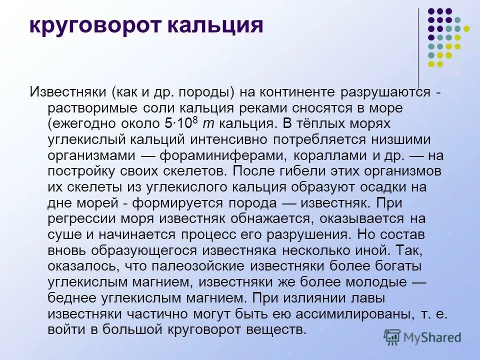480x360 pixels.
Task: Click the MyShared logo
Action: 423,337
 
